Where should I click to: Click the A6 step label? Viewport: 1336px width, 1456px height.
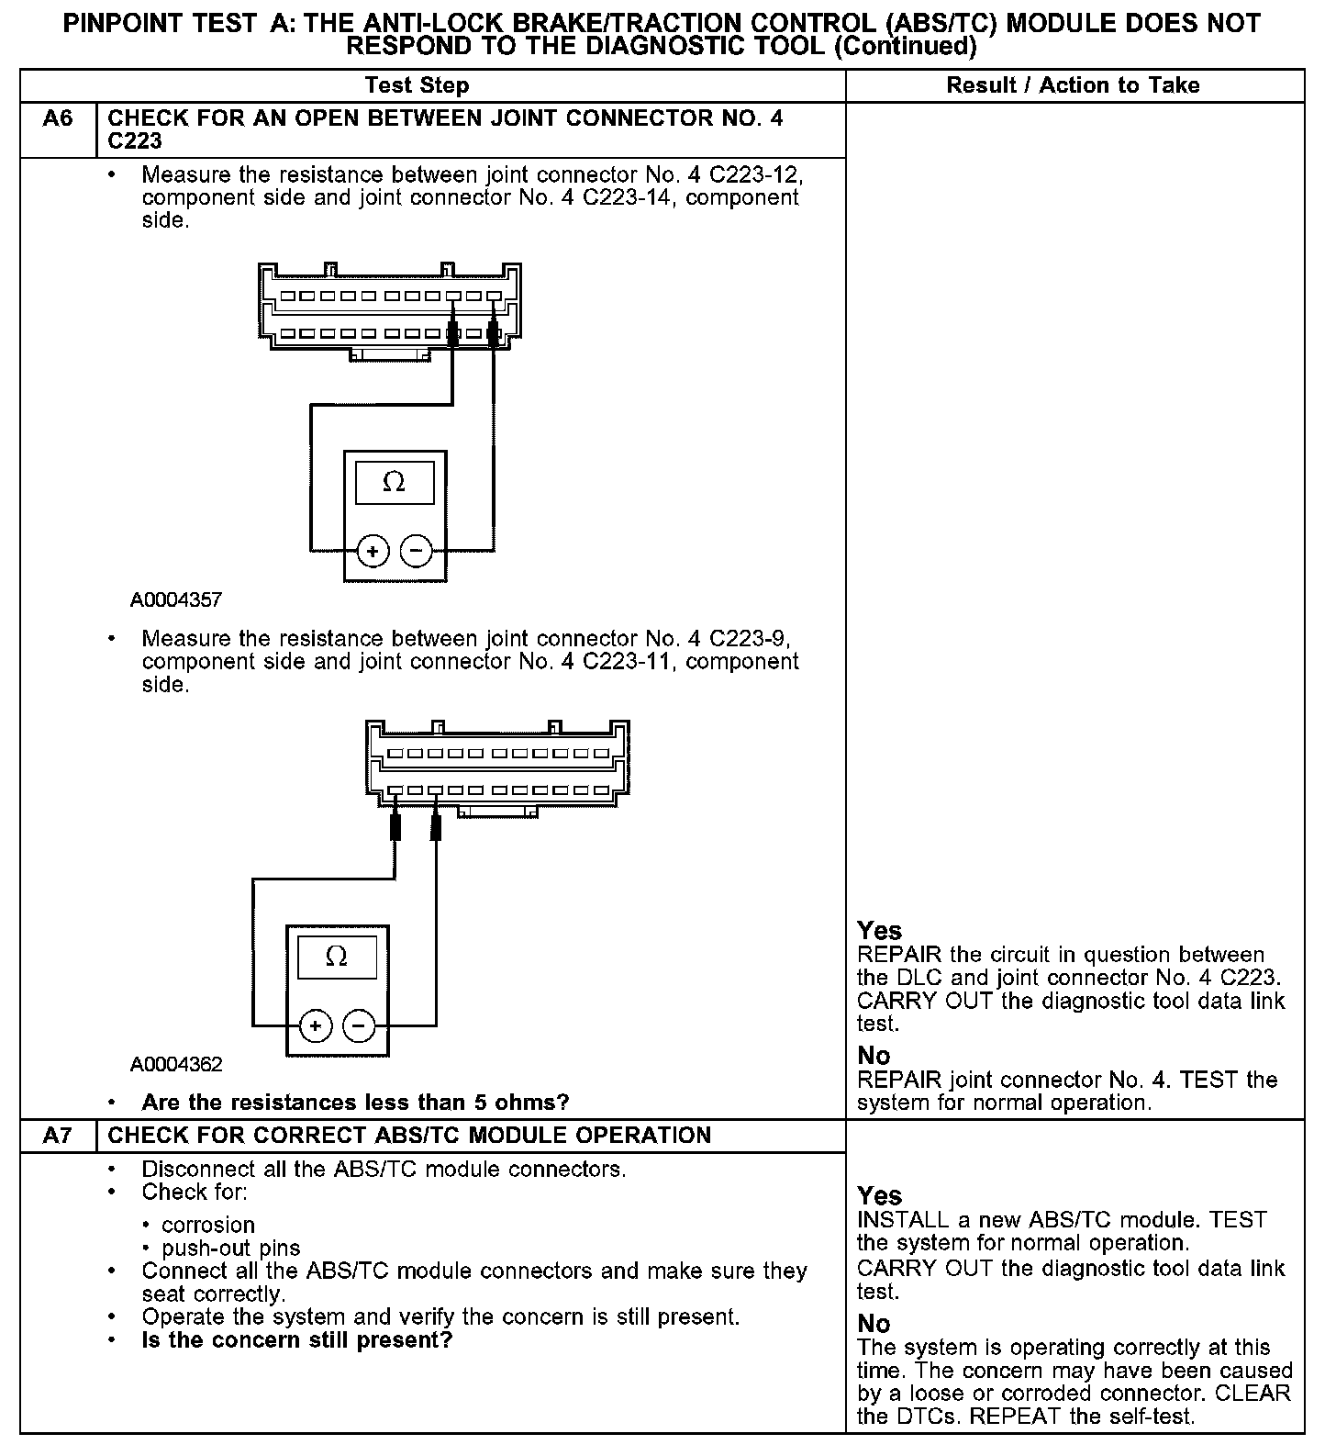coord(58,119)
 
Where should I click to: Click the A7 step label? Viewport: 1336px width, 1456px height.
coord(58,1136)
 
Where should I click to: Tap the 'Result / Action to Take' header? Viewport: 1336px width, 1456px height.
coord(1073,85)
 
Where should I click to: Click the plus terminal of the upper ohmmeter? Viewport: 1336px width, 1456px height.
coord(373,552)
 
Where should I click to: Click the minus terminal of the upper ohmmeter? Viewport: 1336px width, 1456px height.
coord(417,552)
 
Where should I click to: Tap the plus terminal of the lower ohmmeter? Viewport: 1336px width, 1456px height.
coord(315,1025)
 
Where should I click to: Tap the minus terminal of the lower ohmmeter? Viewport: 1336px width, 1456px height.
coord(359,1025)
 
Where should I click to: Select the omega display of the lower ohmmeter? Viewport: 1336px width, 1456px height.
coord(337,957)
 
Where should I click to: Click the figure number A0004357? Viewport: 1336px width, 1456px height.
coord(176,600)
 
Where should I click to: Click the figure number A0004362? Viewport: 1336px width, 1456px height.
coord(176,1065)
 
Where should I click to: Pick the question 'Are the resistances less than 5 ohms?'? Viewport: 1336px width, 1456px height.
coord(355,1102)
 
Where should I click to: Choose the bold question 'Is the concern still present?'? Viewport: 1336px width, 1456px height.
coord(297,1340)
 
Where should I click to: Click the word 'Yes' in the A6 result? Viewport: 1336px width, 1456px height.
coord(880,931)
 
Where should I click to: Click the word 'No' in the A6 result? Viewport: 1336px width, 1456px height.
coord(874,1056)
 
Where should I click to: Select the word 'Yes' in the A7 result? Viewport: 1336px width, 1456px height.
coord(880,1196)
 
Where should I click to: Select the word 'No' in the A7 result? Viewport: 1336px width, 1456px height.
coord(874,1324)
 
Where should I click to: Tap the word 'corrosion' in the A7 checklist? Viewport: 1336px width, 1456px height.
coord(208,1226)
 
